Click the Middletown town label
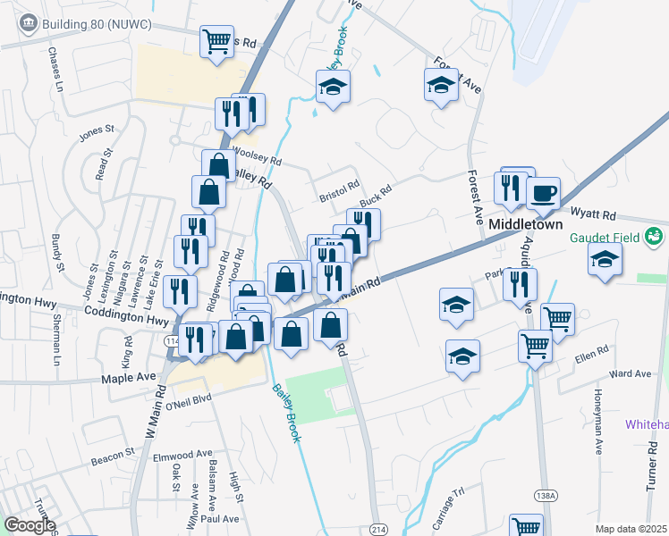point(524,224)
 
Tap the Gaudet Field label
point(614,238)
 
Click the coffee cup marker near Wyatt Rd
point(543,193)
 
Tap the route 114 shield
point(172,340)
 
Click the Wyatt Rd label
point(594,215)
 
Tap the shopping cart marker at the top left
point(216,42)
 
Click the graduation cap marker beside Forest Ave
point(440,87)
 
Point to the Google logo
point(30,525)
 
